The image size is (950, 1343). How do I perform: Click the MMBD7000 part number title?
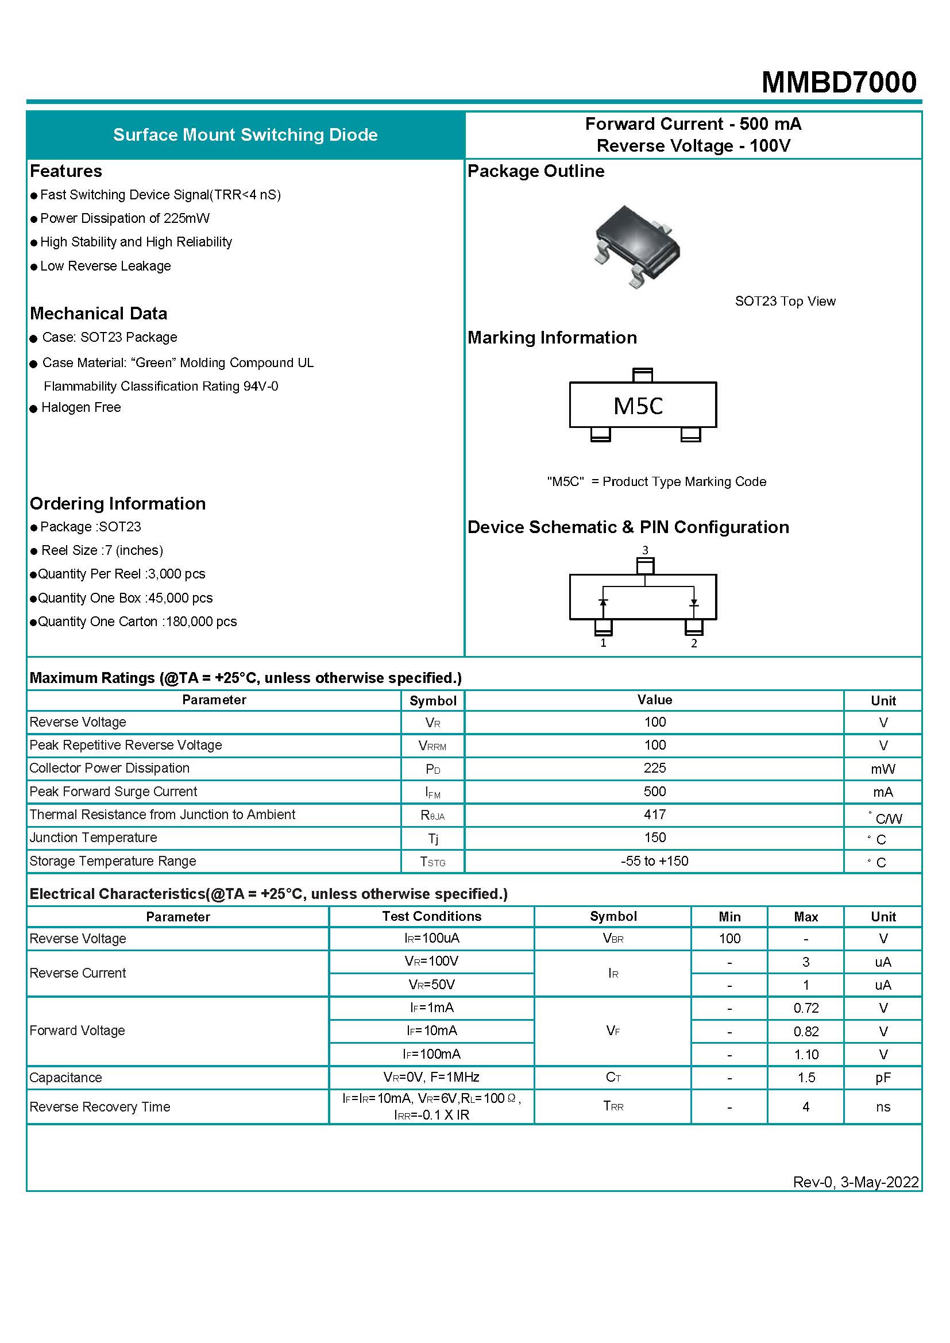[x=838, y=82]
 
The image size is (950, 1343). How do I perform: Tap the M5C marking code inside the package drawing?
[x=638, y=406]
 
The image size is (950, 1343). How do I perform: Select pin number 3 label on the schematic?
[x=644, y=550]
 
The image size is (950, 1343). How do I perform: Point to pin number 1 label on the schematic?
[x=603, y=643]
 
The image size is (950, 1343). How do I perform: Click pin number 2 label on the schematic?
[x=694, y=643]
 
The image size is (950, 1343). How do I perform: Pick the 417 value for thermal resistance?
[x=655, y=814]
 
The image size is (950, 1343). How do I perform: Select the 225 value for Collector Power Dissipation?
[x=655, y=768]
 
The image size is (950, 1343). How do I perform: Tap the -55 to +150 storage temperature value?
[x=655, y=861]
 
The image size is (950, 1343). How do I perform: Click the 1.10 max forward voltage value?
[x=805, y=1055]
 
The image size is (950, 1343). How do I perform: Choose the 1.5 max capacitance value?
[x=805, y=1078]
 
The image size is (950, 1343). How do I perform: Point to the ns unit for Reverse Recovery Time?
[x=883, y=1107]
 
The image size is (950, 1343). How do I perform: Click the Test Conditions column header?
[x=432, y=916]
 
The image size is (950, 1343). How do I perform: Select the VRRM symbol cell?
[x=432, y=746]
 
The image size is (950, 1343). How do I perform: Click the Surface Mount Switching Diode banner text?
[x=245, y=134]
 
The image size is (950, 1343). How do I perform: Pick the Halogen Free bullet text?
[x=82, y=407]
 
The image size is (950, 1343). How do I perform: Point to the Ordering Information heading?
[x=118, y=503]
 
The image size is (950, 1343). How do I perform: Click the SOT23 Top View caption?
[x=785, y=301]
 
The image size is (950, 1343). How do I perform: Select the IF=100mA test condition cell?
[x=432, y=1054]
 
